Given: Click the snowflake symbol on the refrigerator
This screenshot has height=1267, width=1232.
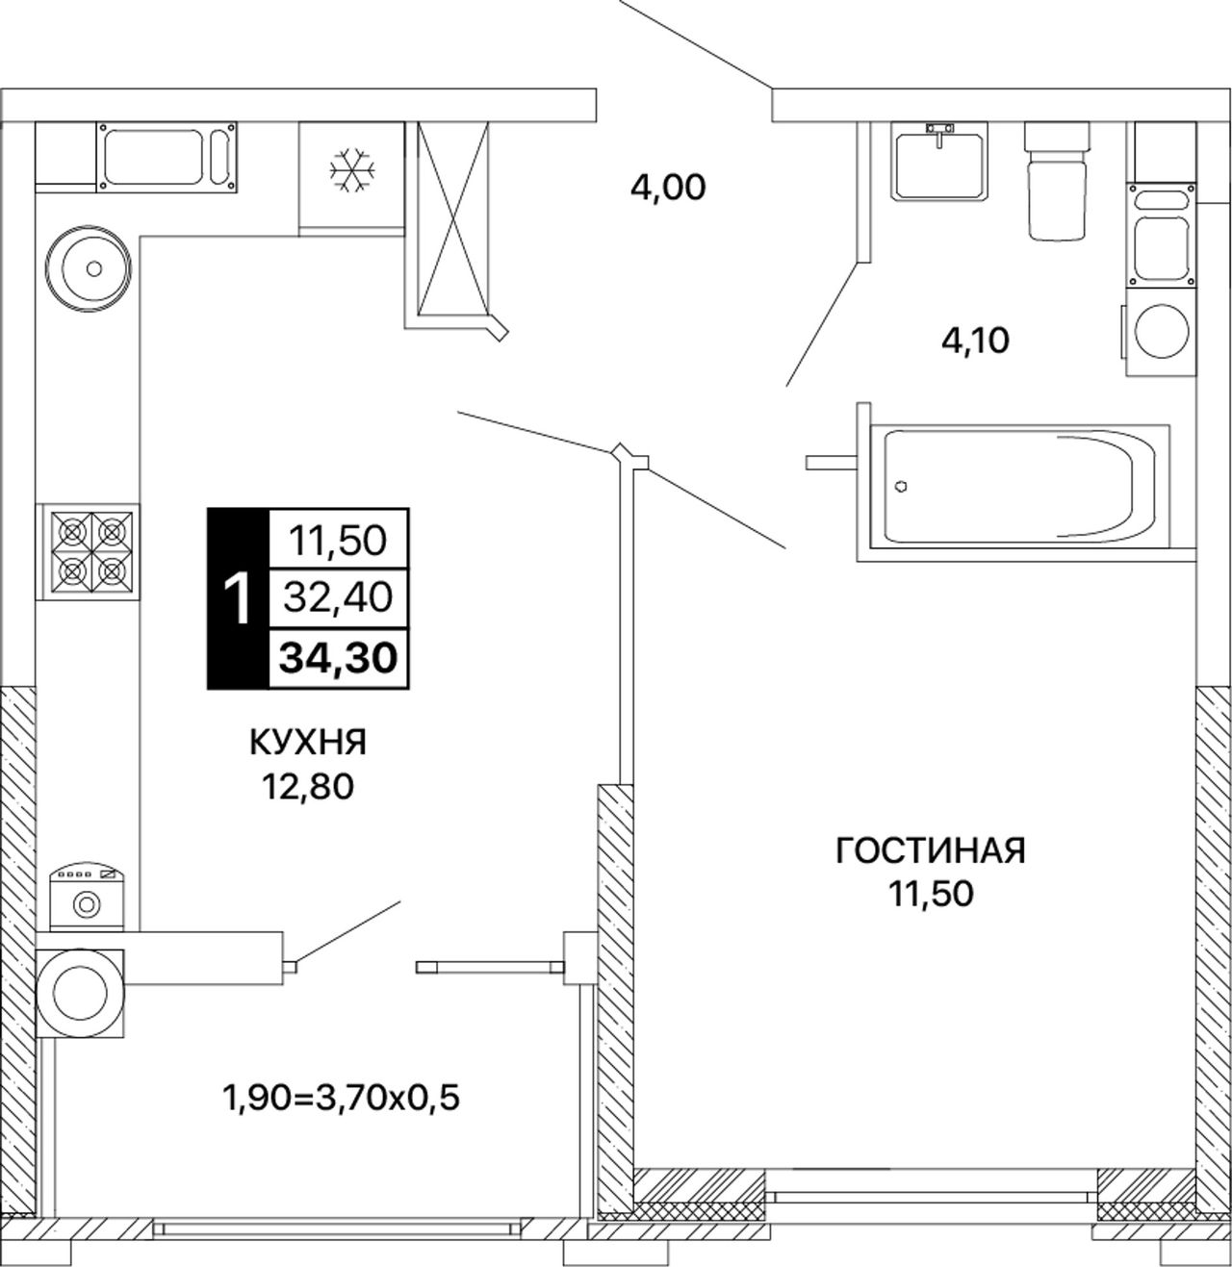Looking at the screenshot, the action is (x=352, y=171).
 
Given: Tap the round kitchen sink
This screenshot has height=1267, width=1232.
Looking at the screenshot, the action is (x=88, y=268).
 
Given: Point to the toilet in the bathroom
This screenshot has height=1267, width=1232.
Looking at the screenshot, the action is (x=1057, y=180).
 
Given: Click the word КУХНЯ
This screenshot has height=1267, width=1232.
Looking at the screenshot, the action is (x=308, y=742).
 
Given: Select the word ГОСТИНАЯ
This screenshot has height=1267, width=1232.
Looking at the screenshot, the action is (x=931, y=850).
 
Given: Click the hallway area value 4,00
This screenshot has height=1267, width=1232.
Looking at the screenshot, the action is (x=668, y=188).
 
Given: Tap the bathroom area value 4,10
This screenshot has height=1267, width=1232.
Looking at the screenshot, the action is (x=975, y=340).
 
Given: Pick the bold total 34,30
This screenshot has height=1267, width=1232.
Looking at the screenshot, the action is (x=338, y=658).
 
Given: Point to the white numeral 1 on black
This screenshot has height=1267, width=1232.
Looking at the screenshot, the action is (x=238, y=599).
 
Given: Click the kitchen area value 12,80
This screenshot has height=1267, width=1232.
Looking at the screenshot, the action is (x=307, y=787).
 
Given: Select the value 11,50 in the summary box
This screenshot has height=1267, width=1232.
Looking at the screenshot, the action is (x=338, y=541).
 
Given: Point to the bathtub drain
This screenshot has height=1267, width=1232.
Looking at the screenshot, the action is (x=901, y=486).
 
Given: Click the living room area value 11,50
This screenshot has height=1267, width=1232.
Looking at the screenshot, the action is (x=931, y=894).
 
